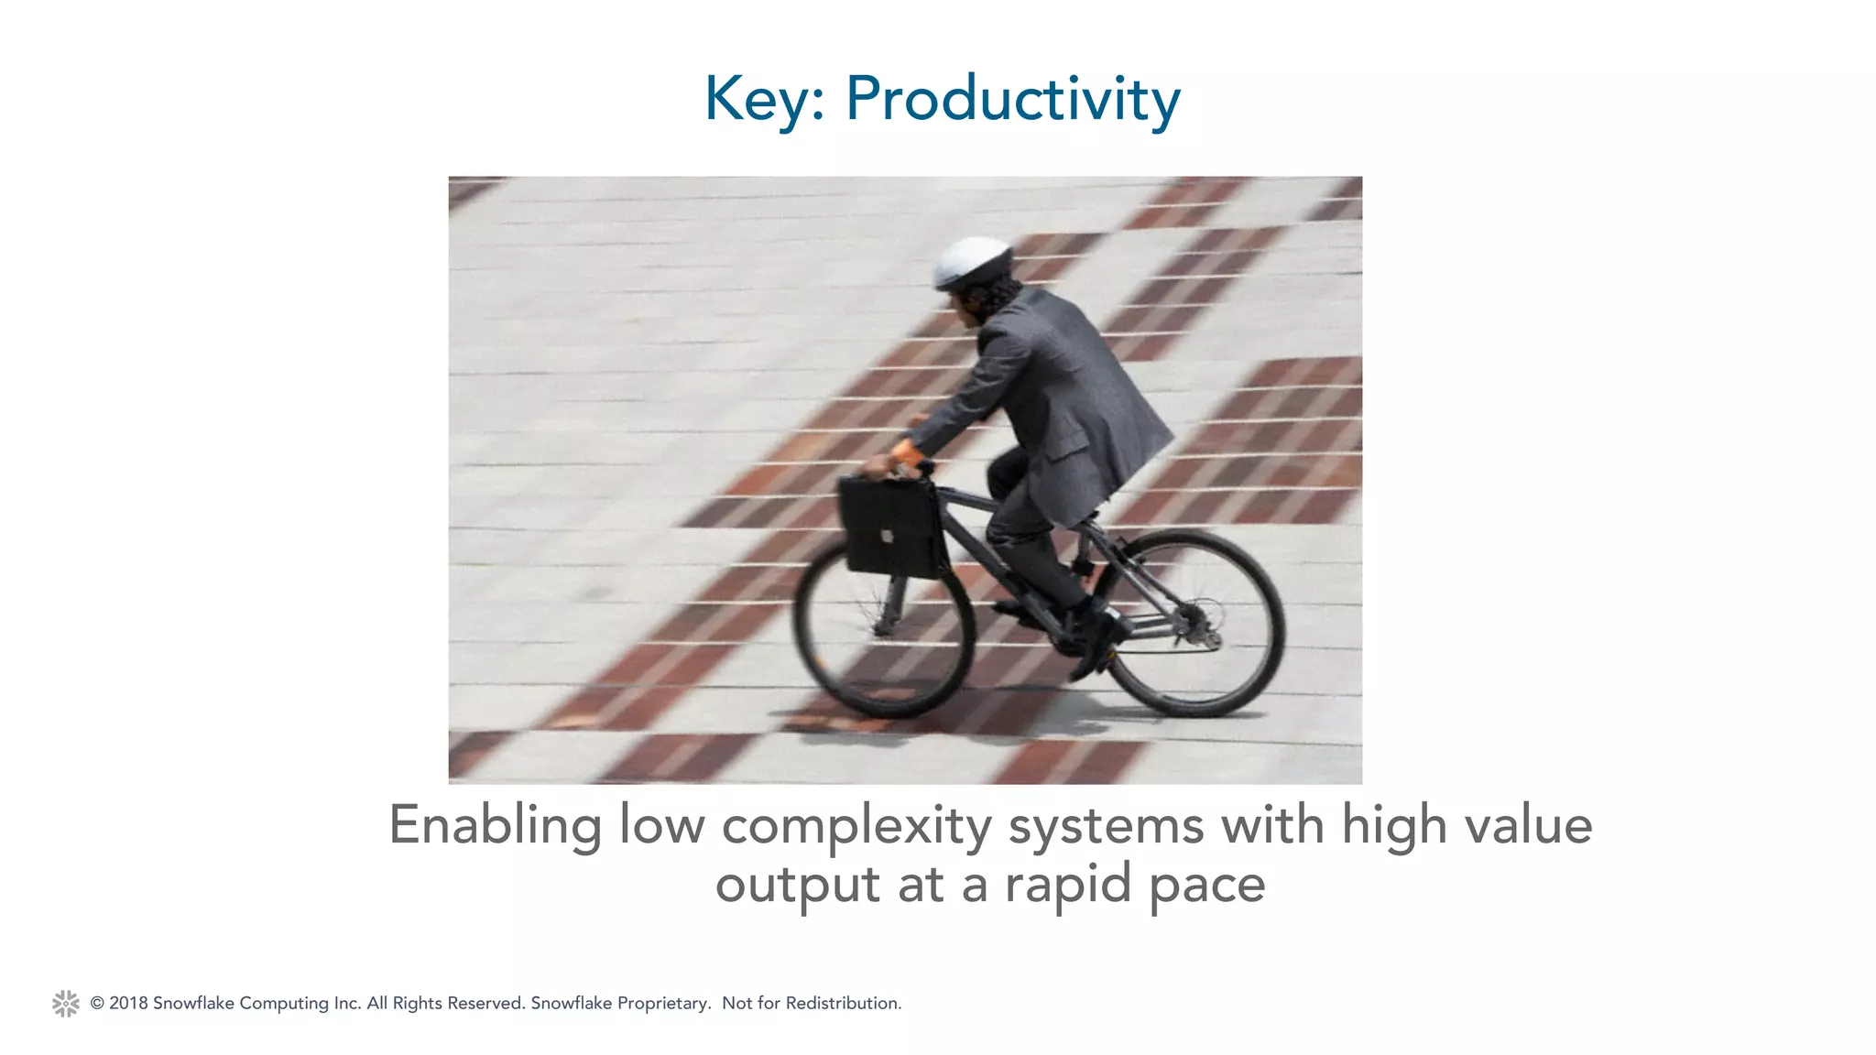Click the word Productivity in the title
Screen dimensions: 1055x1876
1012,99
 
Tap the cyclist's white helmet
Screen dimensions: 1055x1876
973,262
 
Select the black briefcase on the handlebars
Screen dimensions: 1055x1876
892,528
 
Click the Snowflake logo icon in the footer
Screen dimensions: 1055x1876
66,1004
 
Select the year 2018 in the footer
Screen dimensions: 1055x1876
128,1004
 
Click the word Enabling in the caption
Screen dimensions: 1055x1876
495,825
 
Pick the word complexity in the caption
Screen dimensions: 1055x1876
856,825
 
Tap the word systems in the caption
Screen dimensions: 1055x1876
1106,825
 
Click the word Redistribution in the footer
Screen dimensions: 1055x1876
843,1004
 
